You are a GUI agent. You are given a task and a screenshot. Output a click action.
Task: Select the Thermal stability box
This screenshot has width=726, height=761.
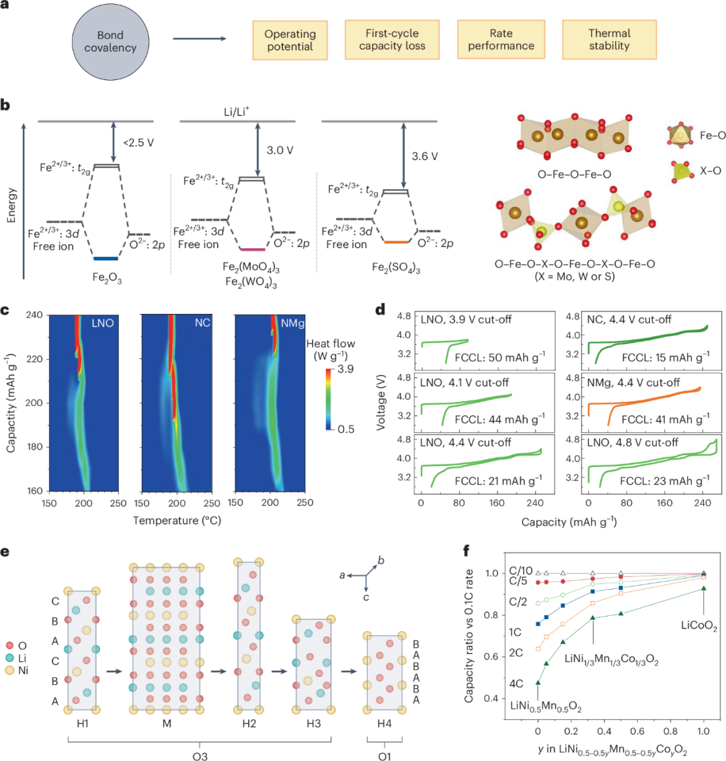click(609, 40)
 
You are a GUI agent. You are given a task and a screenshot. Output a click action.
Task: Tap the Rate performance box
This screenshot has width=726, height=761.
click(501, 40)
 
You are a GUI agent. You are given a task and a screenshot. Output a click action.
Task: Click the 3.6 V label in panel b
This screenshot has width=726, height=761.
click(425, 157)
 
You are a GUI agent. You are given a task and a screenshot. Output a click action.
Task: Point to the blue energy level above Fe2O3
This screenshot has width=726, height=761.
click(106, 258)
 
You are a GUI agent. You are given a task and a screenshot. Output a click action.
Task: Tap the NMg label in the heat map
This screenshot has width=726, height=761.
click(292, 324)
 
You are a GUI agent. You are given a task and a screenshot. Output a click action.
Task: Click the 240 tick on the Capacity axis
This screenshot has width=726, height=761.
click(35, 315)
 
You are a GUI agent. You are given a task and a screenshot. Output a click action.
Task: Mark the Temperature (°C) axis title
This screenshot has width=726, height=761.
click(177, 520)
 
